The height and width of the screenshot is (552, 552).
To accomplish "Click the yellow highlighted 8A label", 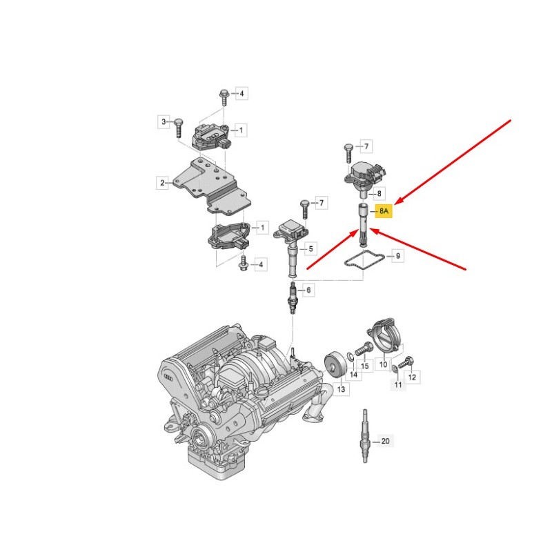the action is tap(384, 211).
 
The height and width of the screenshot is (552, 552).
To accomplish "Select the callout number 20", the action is tap(386, 441).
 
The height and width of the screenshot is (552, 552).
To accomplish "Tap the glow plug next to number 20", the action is tap(365, 436).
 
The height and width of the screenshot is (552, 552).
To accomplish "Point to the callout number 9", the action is tap(398, 255).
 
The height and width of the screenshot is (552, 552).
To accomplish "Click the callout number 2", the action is tap(162, 183).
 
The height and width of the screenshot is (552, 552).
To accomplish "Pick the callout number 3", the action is tap(164, 122).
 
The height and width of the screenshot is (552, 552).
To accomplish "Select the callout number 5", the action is tap(310, 248).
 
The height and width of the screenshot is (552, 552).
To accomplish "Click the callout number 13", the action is tap(341, 389).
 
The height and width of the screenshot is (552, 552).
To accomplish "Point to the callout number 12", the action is tap(412, 377).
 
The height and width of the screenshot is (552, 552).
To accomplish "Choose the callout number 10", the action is tap(384, 364).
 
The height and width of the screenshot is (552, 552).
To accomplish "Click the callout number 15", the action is tap(365, 366).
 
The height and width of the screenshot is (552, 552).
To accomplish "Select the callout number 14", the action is tap(353, 375).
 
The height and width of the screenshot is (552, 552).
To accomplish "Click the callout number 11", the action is tap(398, 384).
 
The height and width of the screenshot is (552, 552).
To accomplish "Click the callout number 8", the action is tap(379, 193).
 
